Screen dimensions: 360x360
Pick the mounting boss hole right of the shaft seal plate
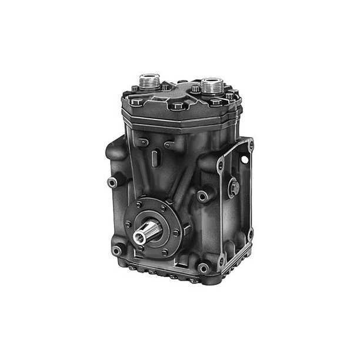click(x=204, y=195)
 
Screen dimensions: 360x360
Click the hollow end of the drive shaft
click(x=140, y=237)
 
